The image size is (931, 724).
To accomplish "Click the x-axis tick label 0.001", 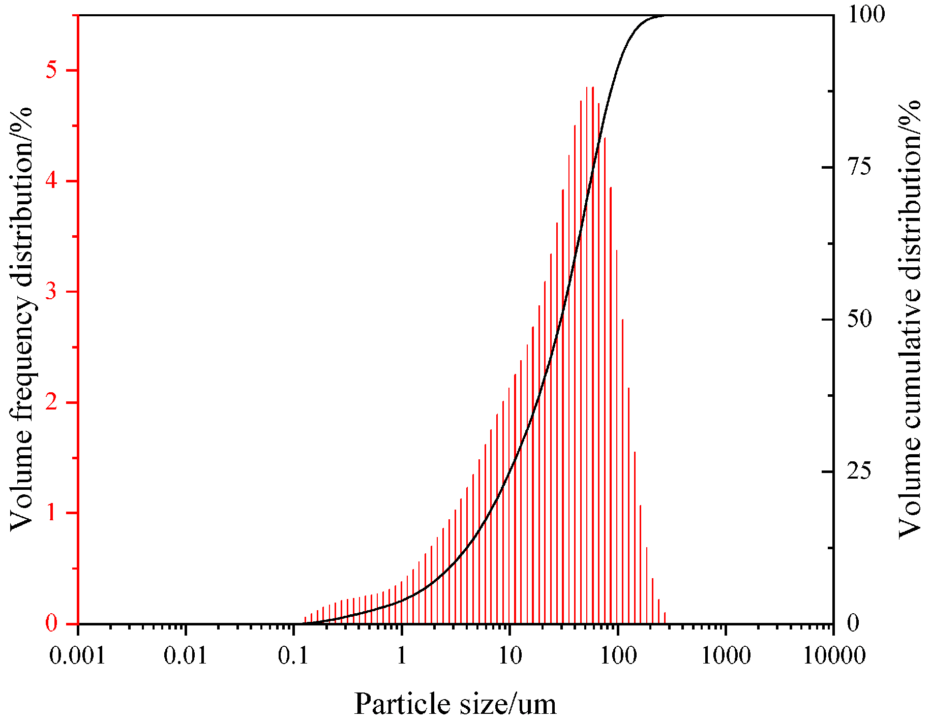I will click(77, 656).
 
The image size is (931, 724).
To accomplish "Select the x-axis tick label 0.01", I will click(186, 656).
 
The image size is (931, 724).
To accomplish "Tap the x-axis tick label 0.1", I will click(293, 656).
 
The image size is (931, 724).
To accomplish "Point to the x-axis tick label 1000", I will click(726, 656).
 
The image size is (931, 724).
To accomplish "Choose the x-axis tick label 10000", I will click(834, 656).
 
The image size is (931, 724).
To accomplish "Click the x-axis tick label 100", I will click(617, 656).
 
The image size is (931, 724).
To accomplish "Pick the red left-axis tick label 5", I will click(51, 70).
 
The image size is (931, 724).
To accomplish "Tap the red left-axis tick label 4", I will click(51, 181).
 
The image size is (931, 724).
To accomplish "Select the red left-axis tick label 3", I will click(51, 292).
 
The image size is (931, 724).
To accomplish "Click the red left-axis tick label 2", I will click(51, 402).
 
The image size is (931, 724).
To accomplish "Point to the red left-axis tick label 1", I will click(51, 513).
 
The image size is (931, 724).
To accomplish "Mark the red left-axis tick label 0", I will click(51, 623).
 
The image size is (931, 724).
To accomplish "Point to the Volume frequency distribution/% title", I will click(22, 319).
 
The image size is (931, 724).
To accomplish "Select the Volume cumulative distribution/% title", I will click(910, 319).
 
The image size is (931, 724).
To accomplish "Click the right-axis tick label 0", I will click(853, 623).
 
